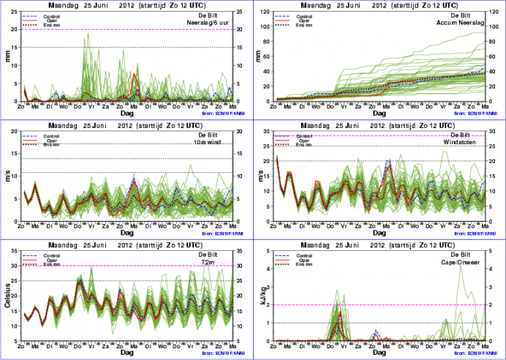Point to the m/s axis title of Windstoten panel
[263, 177]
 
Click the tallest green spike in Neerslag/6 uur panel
[88, 35]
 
